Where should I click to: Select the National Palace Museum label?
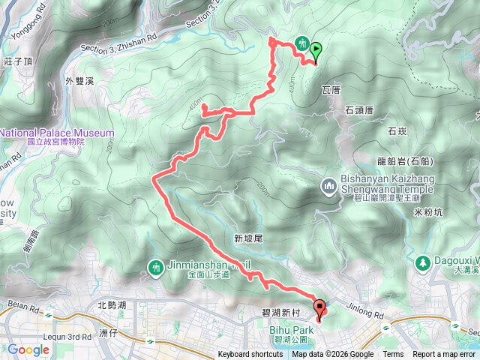click(57, 133)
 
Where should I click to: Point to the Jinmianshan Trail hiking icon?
click(156, 266)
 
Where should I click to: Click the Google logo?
click(28, 349)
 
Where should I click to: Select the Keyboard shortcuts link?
click(250, 355)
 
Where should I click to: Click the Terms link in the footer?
click(393, 355)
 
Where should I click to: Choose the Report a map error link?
click(444, 355)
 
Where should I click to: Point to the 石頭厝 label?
click(359, 109)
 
